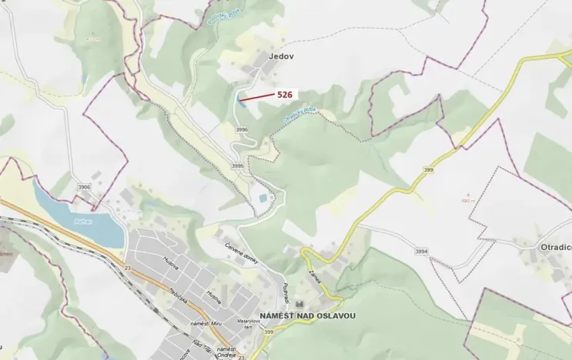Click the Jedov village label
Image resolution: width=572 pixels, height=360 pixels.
[281, 57]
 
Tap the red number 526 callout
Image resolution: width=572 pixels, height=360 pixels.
[286, 94]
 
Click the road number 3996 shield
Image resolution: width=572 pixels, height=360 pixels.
[242, 130]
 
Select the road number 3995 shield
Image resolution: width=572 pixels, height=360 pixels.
[237, 165]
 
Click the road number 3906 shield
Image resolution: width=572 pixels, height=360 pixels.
[84, 187]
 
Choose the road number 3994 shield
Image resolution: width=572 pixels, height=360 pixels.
[421, 251]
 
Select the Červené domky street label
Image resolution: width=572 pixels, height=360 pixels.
[240, 255]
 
